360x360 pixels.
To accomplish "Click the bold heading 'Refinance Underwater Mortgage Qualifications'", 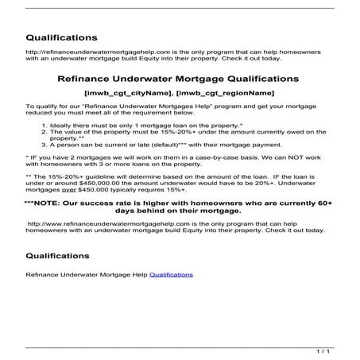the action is coord(180,79).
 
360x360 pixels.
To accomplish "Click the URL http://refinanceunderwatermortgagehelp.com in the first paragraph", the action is coord(79,52).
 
